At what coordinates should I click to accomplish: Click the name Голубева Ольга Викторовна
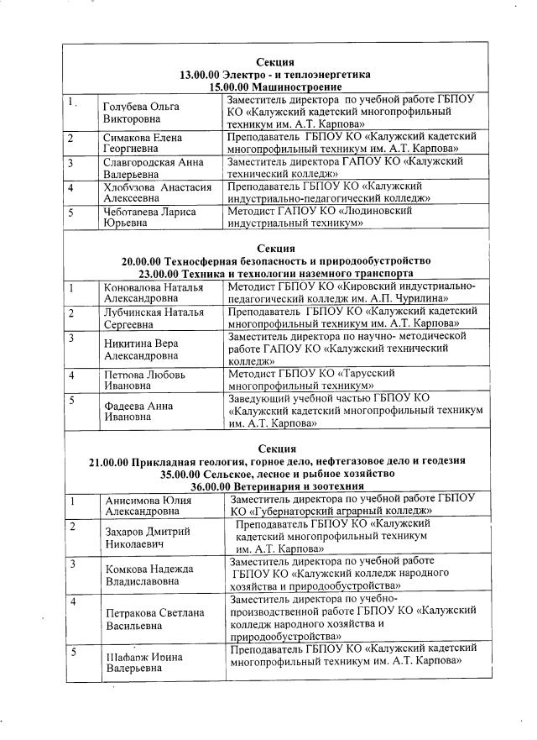pyautogui.click(x=139, y=113)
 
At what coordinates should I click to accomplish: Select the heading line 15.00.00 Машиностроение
pyautogui.click(x=275, y=87)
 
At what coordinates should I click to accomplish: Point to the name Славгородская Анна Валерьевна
pyautogui.click(x=153, y=168)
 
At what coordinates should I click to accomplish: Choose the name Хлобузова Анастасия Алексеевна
pyautogui.click(x=156, y=192)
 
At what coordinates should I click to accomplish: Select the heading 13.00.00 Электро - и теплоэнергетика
pyautogui.click(x=275, y=75)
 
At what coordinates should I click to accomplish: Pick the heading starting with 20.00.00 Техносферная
pyautogui.click(x=275, y=261)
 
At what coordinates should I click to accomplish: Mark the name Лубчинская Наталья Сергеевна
pyautogui.click(x=153, y=318)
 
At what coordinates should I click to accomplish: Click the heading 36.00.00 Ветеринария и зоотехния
pyautogui.click(x=275, y=485)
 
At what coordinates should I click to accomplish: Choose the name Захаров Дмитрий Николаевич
pyautogui.click(x=146, y=536)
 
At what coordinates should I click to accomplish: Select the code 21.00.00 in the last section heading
pyautogui.click(x=113, y=461)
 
